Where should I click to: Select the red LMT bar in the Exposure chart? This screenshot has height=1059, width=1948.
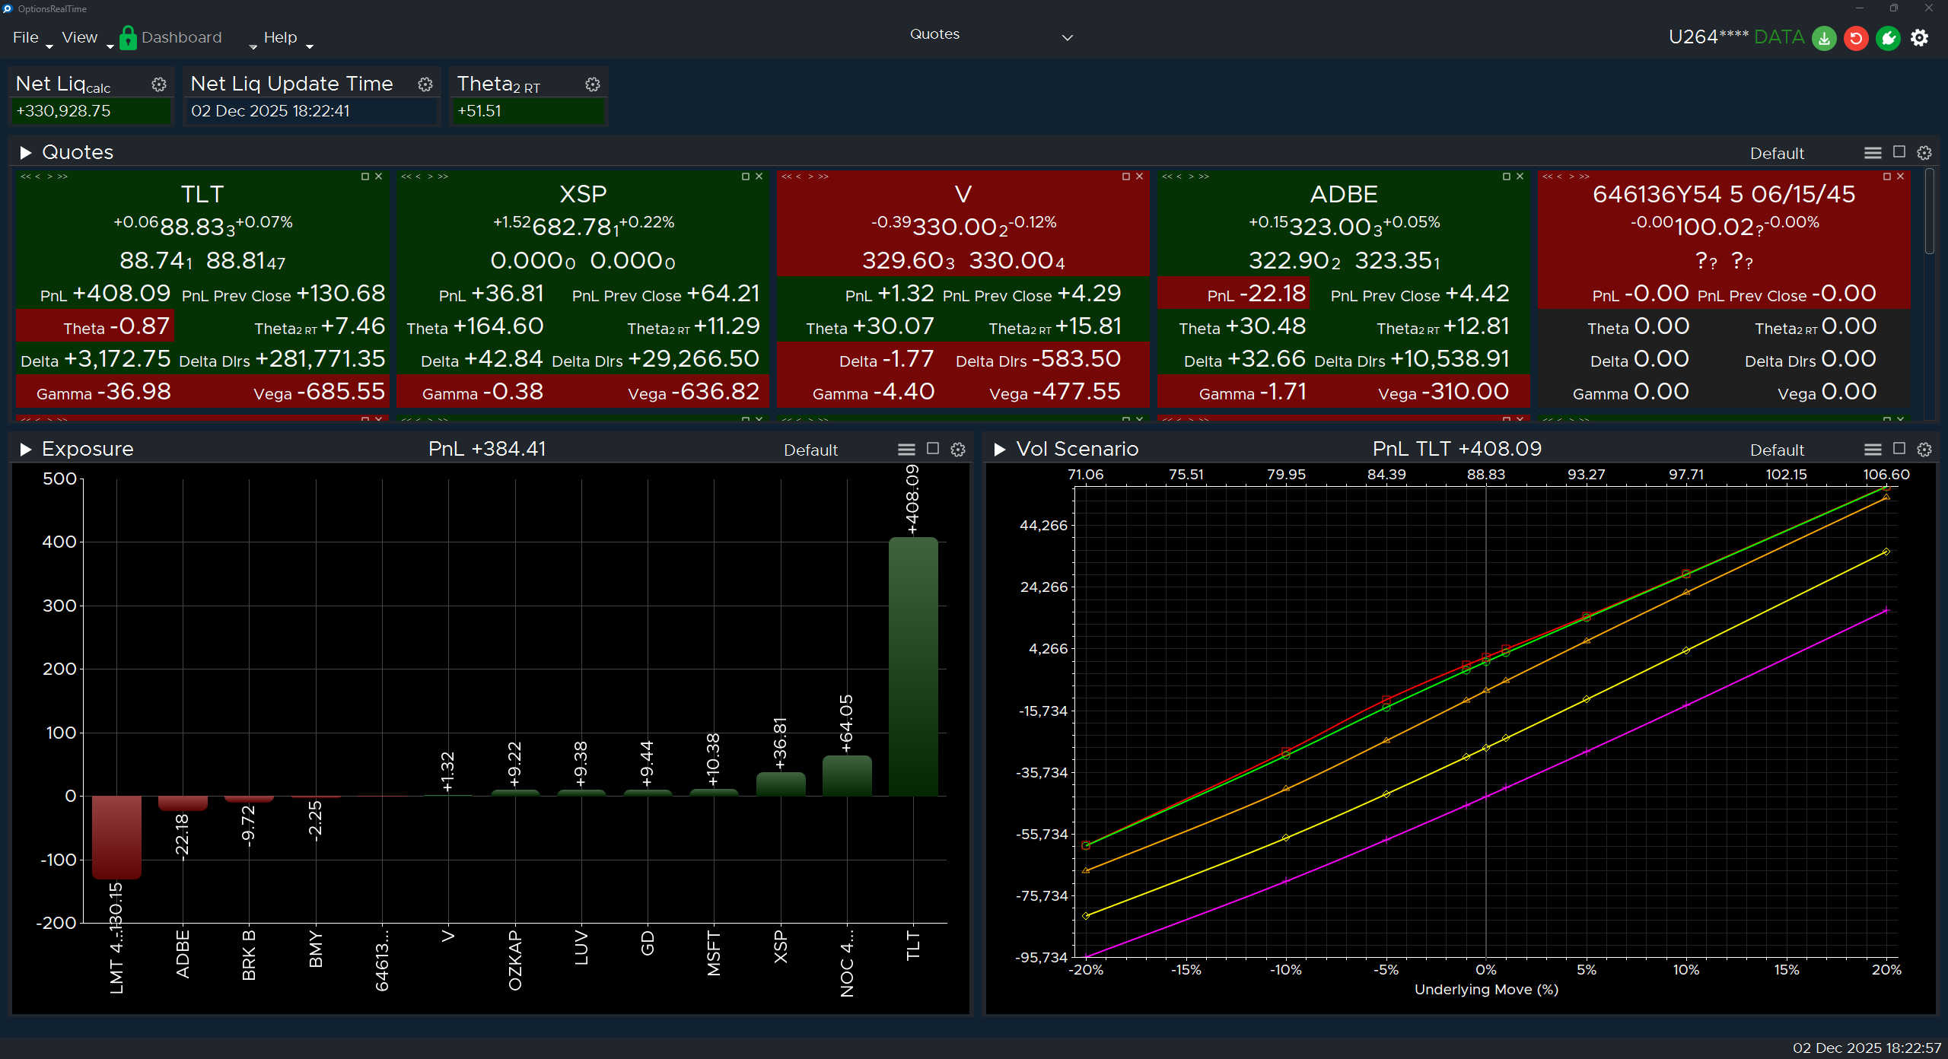tap(116, 837)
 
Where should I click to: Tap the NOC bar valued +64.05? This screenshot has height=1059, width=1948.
tap(847, 776)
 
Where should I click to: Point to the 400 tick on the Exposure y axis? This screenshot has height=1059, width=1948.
tap(59, 542)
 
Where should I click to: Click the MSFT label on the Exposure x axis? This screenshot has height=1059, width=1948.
tap(713, 953)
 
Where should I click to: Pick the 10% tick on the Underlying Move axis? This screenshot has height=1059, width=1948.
tap(1686, 970)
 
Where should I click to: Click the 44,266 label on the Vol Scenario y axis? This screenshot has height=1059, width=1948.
tap(1043, 526)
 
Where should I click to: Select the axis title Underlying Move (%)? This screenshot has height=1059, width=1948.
tap(1486, 990)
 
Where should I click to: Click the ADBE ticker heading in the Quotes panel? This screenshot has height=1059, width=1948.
tap(1344, 194)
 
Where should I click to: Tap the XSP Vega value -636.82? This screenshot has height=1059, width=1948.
tap(720, 392)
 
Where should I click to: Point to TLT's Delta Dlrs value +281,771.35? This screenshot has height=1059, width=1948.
tap(320, 359)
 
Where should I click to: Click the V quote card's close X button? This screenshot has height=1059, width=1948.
tap(1140, 176)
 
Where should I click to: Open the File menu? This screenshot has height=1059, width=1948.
tap(26, 37)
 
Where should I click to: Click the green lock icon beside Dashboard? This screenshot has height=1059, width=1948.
tap(128, 37)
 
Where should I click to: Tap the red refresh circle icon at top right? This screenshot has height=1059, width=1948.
tap(1856, 37)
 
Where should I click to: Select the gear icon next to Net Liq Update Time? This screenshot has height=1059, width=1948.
tap(425, 84)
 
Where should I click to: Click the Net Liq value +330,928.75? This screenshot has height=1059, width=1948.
tap(64, 111)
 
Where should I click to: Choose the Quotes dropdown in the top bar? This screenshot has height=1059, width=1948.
tap(989, 35)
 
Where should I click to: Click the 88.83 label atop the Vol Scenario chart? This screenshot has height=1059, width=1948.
tap(1485, 475)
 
